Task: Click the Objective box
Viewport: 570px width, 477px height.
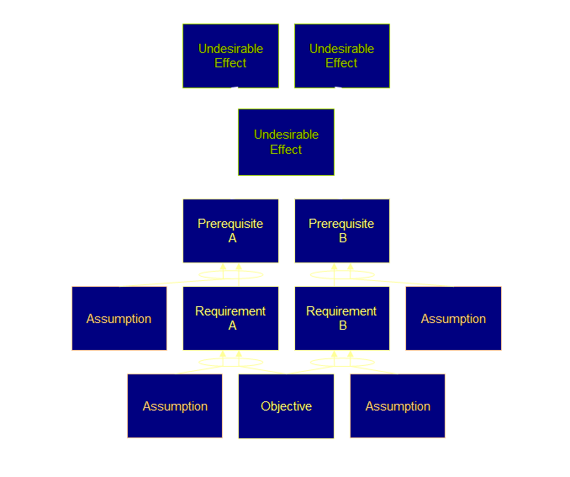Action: [286, 406]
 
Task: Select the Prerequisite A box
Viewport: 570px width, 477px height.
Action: [230, 231]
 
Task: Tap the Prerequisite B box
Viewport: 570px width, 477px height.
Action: [341, 231]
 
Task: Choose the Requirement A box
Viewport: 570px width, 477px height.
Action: [230, 318]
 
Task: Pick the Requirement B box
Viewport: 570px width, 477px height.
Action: [341, 318]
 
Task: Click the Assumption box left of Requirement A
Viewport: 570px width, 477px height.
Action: [119, 318]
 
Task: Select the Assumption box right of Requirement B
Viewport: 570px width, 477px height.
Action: [453, 318]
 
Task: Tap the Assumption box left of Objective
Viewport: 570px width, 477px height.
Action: [175, 406]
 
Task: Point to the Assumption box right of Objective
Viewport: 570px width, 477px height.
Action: [398, 406]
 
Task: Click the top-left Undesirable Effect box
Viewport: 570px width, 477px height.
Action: [230, 56]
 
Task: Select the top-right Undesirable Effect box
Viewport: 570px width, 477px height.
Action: [341, 56]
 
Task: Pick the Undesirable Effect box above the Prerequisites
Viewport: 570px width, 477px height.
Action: [286, 141]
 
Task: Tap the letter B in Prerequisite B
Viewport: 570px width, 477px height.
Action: [342, 238]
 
